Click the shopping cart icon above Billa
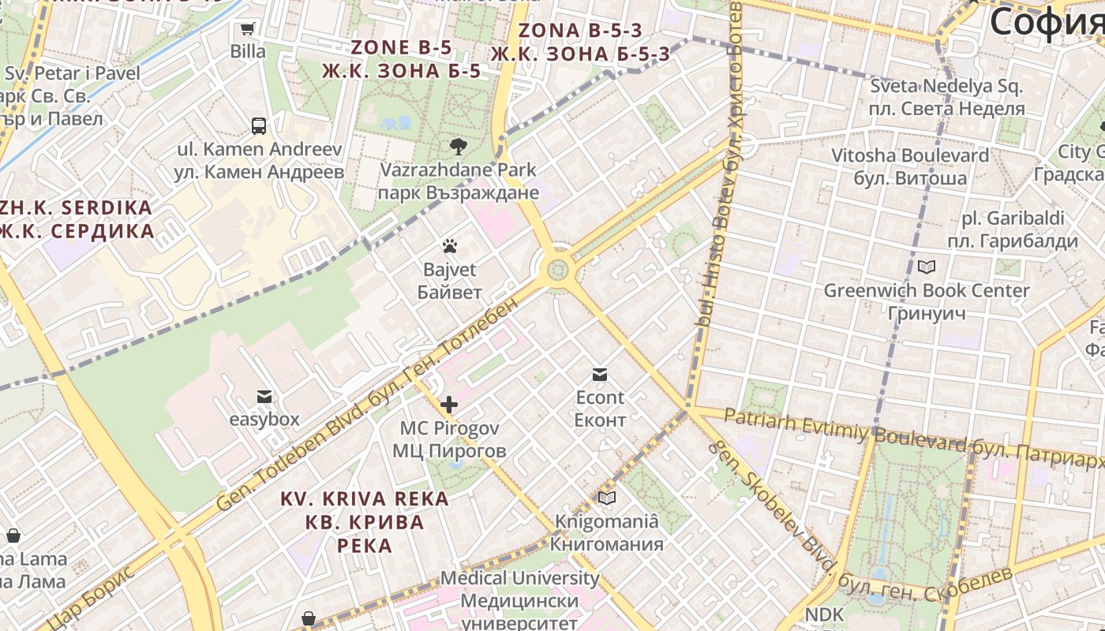[x=247, y=29]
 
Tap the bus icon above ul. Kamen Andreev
[x=259, y=125]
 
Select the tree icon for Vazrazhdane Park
[x=457, y=146]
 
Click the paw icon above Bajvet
[x=449, y=246]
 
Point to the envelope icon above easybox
[x=264, y=396]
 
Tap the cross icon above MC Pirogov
[x=449, y=405]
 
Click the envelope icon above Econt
[x=600, y=374]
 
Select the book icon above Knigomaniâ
[x=606, y=498]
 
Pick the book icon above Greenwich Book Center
[x=926, y=267]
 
